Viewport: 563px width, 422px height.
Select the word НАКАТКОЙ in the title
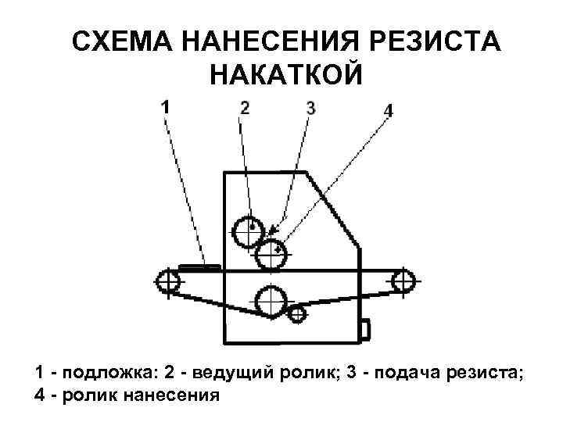(x=286, y=75)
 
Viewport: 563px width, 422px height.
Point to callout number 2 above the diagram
(x=246, y=107)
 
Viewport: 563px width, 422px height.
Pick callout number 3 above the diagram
(x=310, y=107)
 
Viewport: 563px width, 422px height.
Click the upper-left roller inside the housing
(x=249, y=229)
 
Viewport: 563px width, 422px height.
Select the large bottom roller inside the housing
(x=270, y=301)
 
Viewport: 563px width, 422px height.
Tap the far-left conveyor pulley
(x=168, y=281)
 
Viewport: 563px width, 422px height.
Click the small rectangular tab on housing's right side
(x=364, y=328)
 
